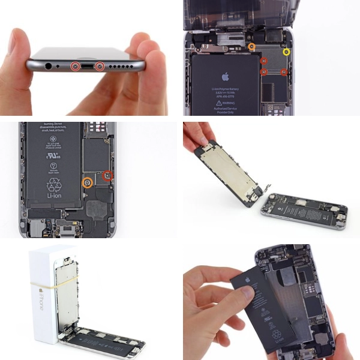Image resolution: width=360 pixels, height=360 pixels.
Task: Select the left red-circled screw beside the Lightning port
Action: [x=76, y=65]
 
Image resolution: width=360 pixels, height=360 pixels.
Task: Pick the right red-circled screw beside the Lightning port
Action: [x=100, y=65]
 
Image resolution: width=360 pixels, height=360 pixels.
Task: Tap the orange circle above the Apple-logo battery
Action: [x=252, y=46]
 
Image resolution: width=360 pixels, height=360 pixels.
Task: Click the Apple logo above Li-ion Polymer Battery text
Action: [x=226, y=77]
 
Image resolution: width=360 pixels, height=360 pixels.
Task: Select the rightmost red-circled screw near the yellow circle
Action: [x=284, y=73]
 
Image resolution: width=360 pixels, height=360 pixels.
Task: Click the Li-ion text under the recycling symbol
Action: [x=53, y=196]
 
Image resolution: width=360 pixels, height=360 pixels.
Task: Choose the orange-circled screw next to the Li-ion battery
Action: [x=88, y=181]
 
